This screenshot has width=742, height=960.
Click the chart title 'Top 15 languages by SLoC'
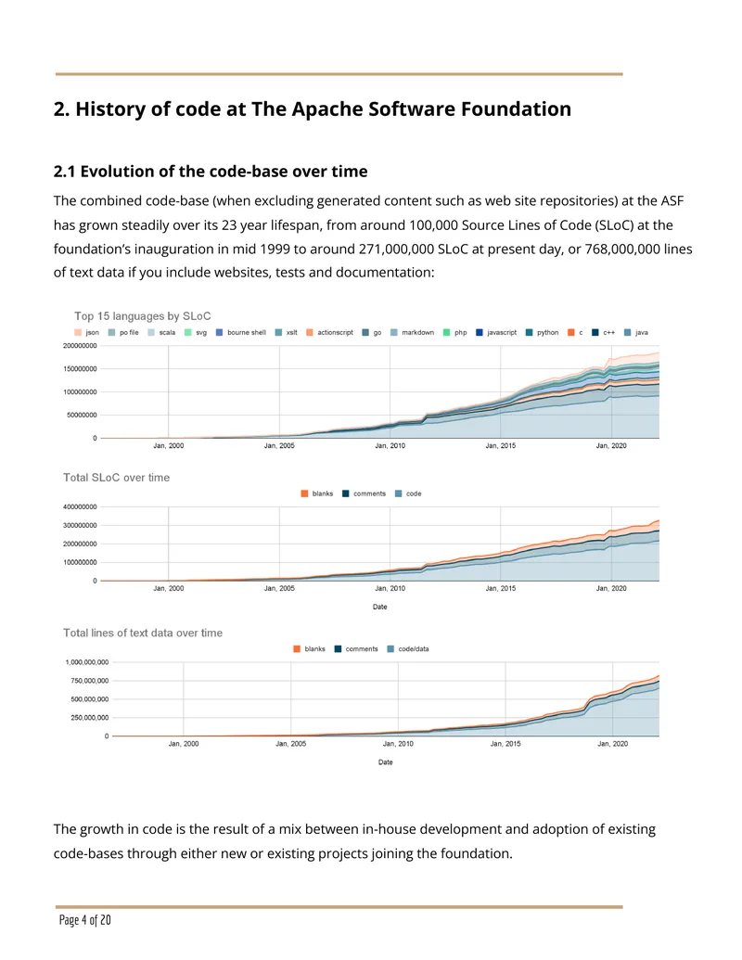pos(143,316)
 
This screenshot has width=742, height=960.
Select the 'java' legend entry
pos(636,332)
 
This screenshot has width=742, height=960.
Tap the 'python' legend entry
pos(542,332)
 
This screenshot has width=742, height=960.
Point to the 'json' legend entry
pos(86,332)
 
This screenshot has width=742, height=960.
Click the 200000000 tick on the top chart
pos(80,346)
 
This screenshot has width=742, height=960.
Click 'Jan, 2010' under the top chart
pos(390,446)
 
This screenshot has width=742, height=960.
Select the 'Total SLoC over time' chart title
pos(116,478)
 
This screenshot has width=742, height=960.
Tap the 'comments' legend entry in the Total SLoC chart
pos(364,493)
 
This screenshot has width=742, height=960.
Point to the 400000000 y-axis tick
pos(80,507)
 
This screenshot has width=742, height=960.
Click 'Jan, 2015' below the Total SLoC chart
pos(501,588)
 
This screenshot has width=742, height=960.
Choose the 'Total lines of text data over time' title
pos(143,634)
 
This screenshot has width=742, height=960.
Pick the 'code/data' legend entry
pos(408,649)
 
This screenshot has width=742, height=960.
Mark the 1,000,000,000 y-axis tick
pos(87,662)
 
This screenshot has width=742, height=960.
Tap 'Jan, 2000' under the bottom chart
pos(184,744)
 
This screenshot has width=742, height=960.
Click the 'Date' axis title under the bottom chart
pos(386,762)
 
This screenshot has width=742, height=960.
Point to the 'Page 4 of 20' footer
pos(85,920)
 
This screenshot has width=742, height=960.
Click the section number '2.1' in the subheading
pos(64,172)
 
